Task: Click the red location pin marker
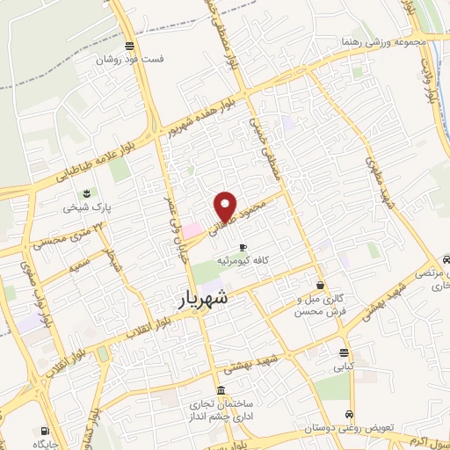[x=226, y=207]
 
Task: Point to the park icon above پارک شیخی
[x=87, y=193]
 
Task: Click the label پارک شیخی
[x=82, y=209]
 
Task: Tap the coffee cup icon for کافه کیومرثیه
[x=243, y=247]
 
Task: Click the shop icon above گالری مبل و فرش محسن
[x=320, y=286]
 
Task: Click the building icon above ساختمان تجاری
[x=220, y=390]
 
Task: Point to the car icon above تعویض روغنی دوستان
[x=350, y=415]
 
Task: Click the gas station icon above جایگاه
[x=44, y=431]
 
